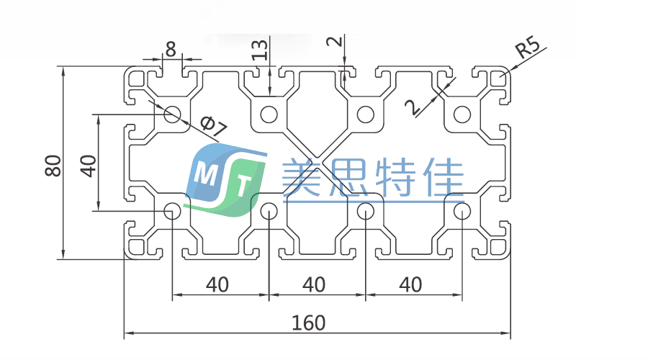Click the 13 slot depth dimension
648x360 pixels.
261,49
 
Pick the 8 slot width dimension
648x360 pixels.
171,49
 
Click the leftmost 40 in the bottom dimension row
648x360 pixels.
217,284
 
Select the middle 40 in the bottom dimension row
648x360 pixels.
313,284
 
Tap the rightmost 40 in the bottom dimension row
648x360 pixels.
410,284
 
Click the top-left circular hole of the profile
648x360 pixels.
173,114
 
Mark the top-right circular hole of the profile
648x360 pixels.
462,114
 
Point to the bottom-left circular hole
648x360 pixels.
173,211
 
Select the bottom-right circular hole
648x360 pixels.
462,211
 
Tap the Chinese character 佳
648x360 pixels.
441,177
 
